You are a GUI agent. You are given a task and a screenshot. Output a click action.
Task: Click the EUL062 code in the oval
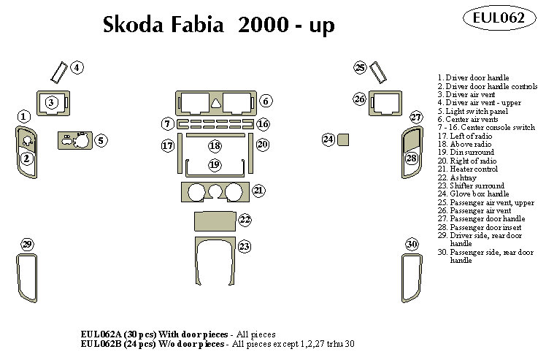499,19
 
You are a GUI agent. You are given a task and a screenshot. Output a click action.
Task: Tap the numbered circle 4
77,68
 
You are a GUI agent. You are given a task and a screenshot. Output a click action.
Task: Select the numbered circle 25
360,68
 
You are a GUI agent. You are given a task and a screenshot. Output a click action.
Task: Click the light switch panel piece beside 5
74,140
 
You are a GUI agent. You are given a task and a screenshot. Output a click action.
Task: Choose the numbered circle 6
266,101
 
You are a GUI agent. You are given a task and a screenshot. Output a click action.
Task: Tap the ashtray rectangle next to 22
214,220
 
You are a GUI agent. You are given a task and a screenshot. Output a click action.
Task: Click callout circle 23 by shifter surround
245,247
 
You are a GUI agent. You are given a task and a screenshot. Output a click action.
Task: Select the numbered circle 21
259,191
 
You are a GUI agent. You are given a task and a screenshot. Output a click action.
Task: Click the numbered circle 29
27,244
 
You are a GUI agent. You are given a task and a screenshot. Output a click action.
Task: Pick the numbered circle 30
412,244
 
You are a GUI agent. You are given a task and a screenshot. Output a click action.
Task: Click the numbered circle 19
215,165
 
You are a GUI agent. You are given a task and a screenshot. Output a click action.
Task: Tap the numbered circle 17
168,146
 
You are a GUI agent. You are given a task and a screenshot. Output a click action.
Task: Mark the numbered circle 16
263,124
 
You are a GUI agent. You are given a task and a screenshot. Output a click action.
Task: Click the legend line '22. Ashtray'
460,177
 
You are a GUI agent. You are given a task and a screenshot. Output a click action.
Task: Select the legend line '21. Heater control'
467,169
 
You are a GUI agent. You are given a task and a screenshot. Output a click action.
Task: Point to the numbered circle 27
416,118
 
